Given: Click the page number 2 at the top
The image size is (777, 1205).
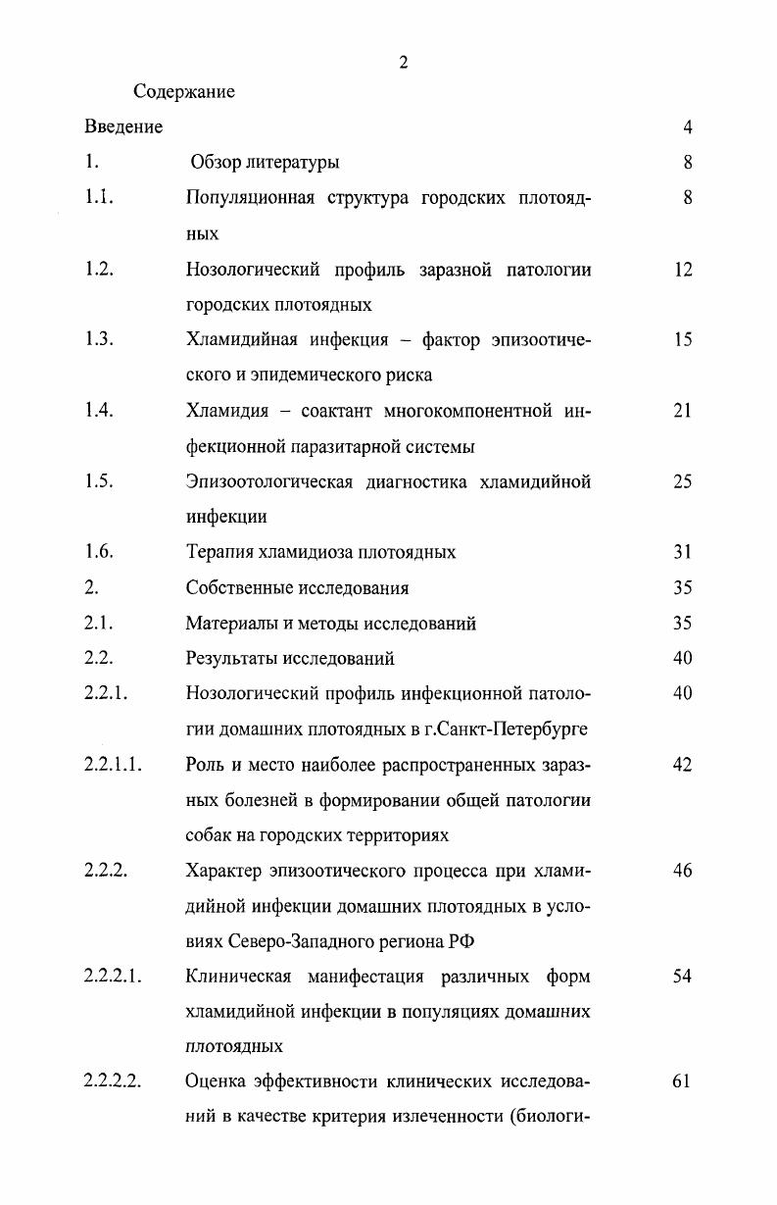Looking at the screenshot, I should pos(403,64).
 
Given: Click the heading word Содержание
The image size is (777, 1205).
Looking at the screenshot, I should pos(184,92).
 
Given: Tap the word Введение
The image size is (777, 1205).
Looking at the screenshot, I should pos(123,127).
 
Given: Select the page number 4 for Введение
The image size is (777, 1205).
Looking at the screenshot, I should pos(688,127).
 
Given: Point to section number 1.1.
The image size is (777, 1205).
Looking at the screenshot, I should pos(100,197).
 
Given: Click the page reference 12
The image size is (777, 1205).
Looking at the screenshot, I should pos(683,269).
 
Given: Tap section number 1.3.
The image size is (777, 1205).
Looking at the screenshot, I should pos(100,339).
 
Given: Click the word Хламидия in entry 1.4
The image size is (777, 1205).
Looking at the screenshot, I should pos(225,411).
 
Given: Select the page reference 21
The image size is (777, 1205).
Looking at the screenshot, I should pos(683,411).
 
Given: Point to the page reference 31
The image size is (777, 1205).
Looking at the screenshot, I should pos(683,552).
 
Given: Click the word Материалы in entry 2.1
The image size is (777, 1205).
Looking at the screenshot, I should pos(226,624).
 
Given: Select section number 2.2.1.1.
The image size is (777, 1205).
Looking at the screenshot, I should pos(114,765).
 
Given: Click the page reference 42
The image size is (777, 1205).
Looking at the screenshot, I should pos(683,765).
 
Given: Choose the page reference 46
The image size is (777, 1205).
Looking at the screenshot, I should pos(683,871).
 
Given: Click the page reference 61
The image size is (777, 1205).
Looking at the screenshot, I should pos(683,1081).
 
